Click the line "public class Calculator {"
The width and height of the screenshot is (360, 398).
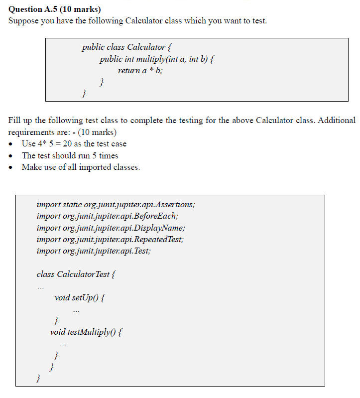tap(127, 47)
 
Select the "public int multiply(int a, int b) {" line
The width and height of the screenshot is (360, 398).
tap(157, 59)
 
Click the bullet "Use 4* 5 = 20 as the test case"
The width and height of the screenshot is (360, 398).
tap(74, 143)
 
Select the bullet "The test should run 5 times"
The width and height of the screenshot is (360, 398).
tap(70, 155)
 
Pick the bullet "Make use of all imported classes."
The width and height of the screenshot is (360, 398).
tap(81, 167)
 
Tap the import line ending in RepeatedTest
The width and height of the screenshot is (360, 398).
tap(110, 239)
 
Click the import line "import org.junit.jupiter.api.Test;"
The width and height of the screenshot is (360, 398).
tap(94, 251)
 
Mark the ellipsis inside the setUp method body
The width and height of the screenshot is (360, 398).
tap(76, 311)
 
